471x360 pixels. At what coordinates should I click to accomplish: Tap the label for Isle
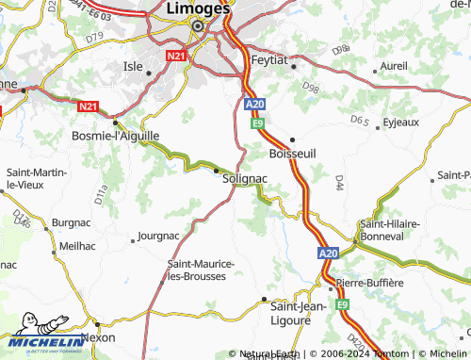[133, 67]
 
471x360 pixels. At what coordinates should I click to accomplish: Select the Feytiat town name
[274, 59]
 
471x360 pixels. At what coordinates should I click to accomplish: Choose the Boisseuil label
[292, 153]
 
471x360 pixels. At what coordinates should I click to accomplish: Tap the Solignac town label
[244, 178]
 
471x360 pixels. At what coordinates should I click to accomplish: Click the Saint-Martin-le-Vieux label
[33, 179]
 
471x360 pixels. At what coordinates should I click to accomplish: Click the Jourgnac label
[158, 235]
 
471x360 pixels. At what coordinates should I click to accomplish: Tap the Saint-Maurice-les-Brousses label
[197, 270]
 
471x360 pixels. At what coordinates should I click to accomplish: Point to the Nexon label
[98, 336]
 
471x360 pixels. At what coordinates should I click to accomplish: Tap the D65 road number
[359, 121]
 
